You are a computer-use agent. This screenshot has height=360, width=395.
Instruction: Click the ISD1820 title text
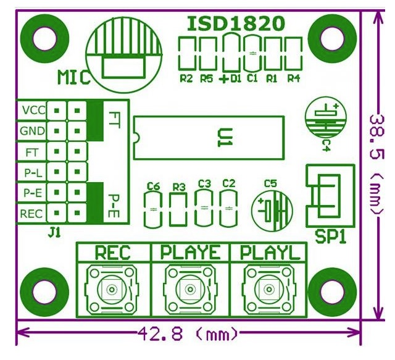pyautogui.click(x=236, y=24)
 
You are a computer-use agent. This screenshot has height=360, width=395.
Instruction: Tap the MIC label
pyautogui.click(x=74, y=77)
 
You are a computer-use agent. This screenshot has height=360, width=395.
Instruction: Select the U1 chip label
pyautogui.click(x=225, y=138)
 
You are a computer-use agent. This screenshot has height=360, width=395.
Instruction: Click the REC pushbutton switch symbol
pyautogui.click(x=112, y=289)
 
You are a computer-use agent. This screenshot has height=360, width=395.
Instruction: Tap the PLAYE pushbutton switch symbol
pyautogui.click(x=190, y=289)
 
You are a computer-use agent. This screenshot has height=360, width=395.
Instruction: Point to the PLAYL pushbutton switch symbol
pyautogui.click(x=268, y=289)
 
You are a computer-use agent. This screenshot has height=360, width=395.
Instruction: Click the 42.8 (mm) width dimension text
pyautogui.click(x=188, y=334)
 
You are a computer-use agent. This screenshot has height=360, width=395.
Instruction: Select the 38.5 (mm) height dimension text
pyautogui.click(x=377, y=165)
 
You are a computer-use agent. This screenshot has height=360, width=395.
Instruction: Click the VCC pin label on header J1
pyautogui.click(x=34, y=110)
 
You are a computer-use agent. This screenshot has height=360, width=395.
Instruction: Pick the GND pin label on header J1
pyautogui.click(x=33, y=131)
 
